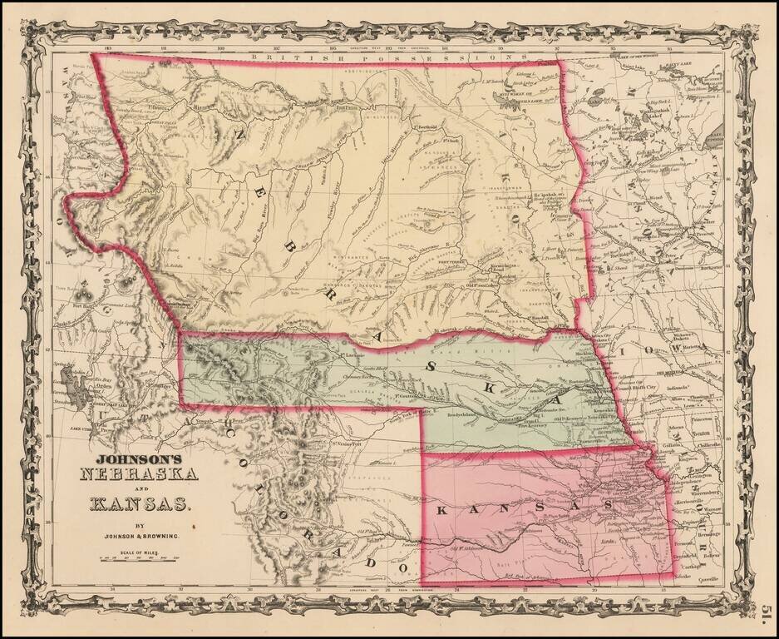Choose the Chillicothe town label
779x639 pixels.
point(708,445)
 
